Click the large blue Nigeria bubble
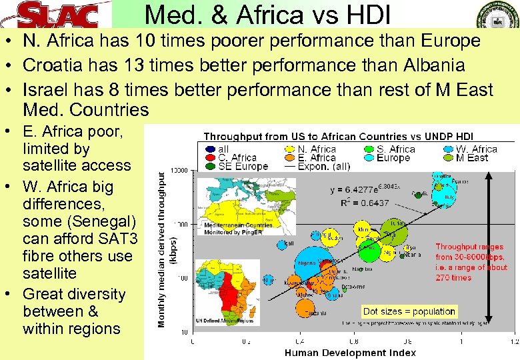click(309, 263)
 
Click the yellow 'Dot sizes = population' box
click(409, 311)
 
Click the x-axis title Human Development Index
click(350, 353)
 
